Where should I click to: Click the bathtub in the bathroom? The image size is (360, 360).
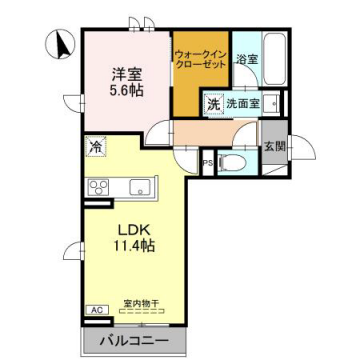[x=274, y=55]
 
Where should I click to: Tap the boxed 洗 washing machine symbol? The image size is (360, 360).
[x=213, y=102]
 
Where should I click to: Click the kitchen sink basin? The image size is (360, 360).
[x=139, y=186]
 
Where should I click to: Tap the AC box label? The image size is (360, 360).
[x=97, y=311]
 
